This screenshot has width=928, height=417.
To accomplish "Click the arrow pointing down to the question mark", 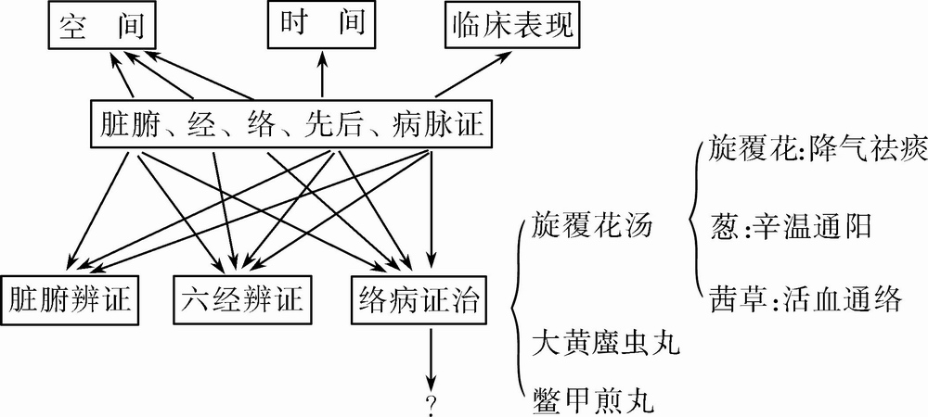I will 431,357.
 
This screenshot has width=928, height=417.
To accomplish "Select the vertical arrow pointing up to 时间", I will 323,74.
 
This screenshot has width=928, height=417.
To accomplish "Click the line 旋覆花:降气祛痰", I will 805,148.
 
